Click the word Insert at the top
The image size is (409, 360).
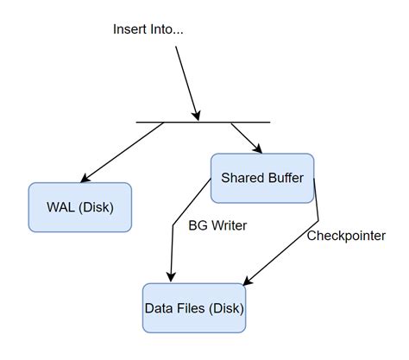[x=130, y=29]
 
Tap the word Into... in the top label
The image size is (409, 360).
[x=167, y=29]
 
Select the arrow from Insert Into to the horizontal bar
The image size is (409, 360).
[x=188, y=83]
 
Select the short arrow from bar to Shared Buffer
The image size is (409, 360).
[x=243, y=136]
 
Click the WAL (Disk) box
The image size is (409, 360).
[x=79, y=207]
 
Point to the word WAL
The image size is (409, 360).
[x=61, y=208]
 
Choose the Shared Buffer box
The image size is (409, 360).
[x=262, y=179]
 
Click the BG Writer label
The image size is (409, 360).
[x=217, y=226]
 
